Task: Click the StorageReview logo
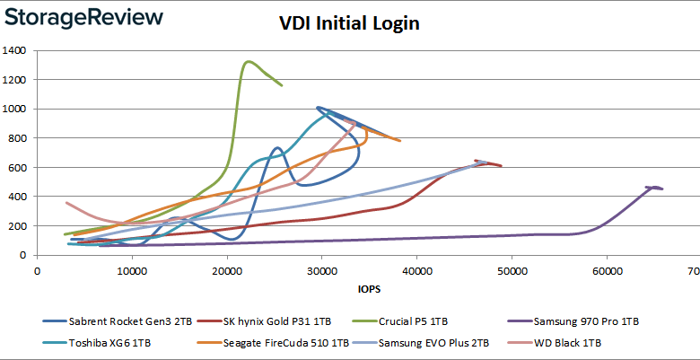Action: pos(87,18)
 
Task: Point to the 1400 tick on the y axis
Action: pos(17,50)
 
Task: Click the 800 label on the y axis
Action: pos(21,138)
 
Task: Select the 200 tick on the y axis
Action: pos(21,226)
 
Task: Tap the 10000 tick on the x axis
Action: pos(132,269)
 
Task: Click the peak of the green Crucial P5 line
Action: pos(248,61)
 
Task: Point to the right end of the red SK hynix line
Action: pos(502,166)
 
